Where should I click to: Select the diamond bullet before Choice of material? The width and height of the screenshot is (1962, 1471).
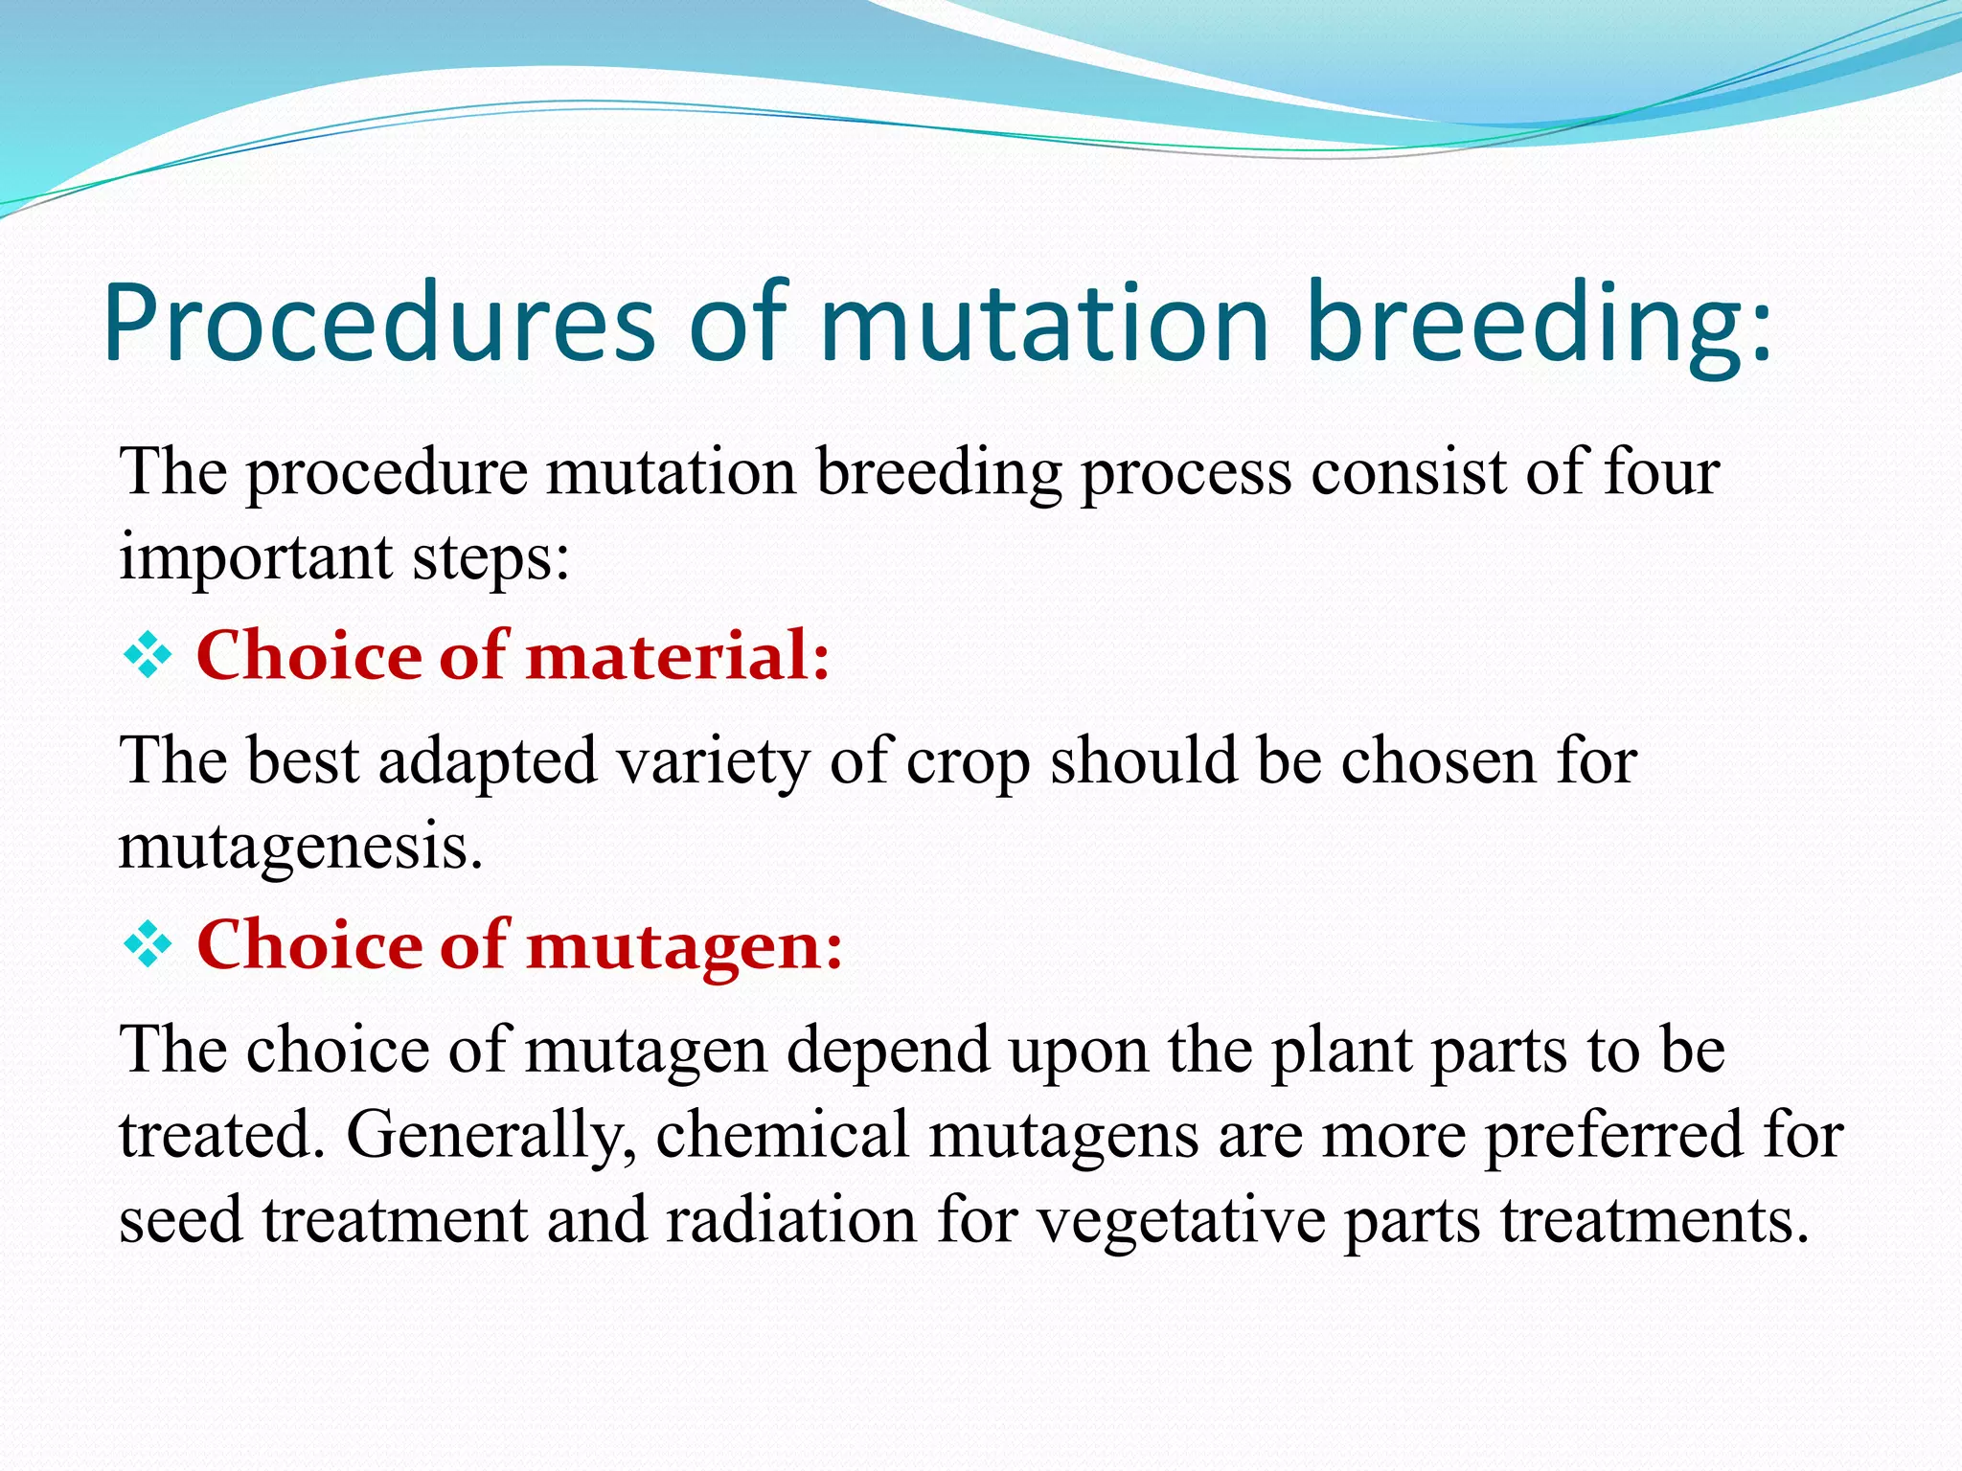[148, 657]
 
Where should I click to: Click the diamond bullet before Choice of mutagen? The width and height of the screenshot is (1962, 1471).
[148, 946]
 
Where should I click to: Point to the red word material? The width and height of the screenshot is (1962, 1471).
[676, 657]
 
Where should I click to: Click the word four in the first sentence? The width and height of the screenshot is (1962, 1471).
[1661, 472]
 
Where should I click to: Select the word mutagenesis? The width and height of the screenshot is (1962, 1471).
[300, 847]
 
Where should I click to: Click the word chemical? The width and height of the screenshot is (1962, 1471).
[782, 1134]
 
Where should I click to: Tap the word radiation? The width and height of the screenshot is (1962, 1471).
[790, 1220]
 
